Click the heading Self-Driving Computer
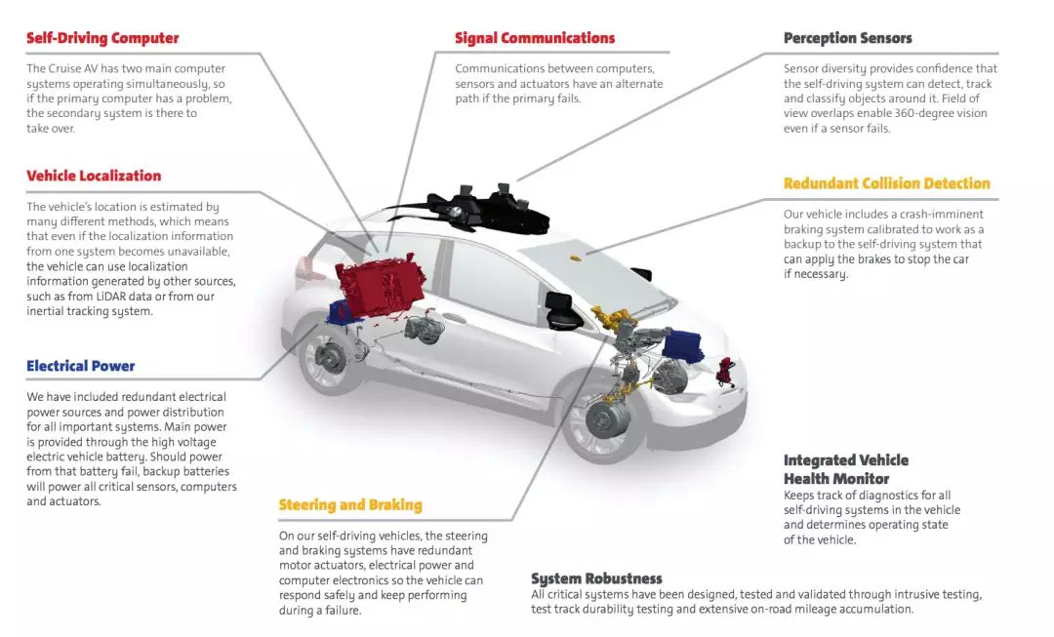point(102,38)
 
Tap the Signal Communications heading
point(535,38)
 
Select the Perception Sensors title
point(848,38)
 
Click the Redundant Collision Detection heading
point(886,183)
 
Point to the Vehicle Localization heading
point(94,176)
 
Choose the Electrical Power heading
point(81,366)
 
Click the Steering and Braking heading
point(351,505)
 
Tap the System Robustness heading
point(597,578)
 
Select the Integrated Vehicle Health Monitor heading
point(846,469)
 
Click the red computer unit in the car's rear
point(380,282)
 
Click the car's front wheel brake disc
point(608,418)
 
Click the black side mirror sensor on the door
point(563,311)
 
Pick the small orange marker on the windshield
point(575,258)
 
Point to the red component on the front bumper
point(727,371)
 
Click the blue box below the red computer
point(341,313)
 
